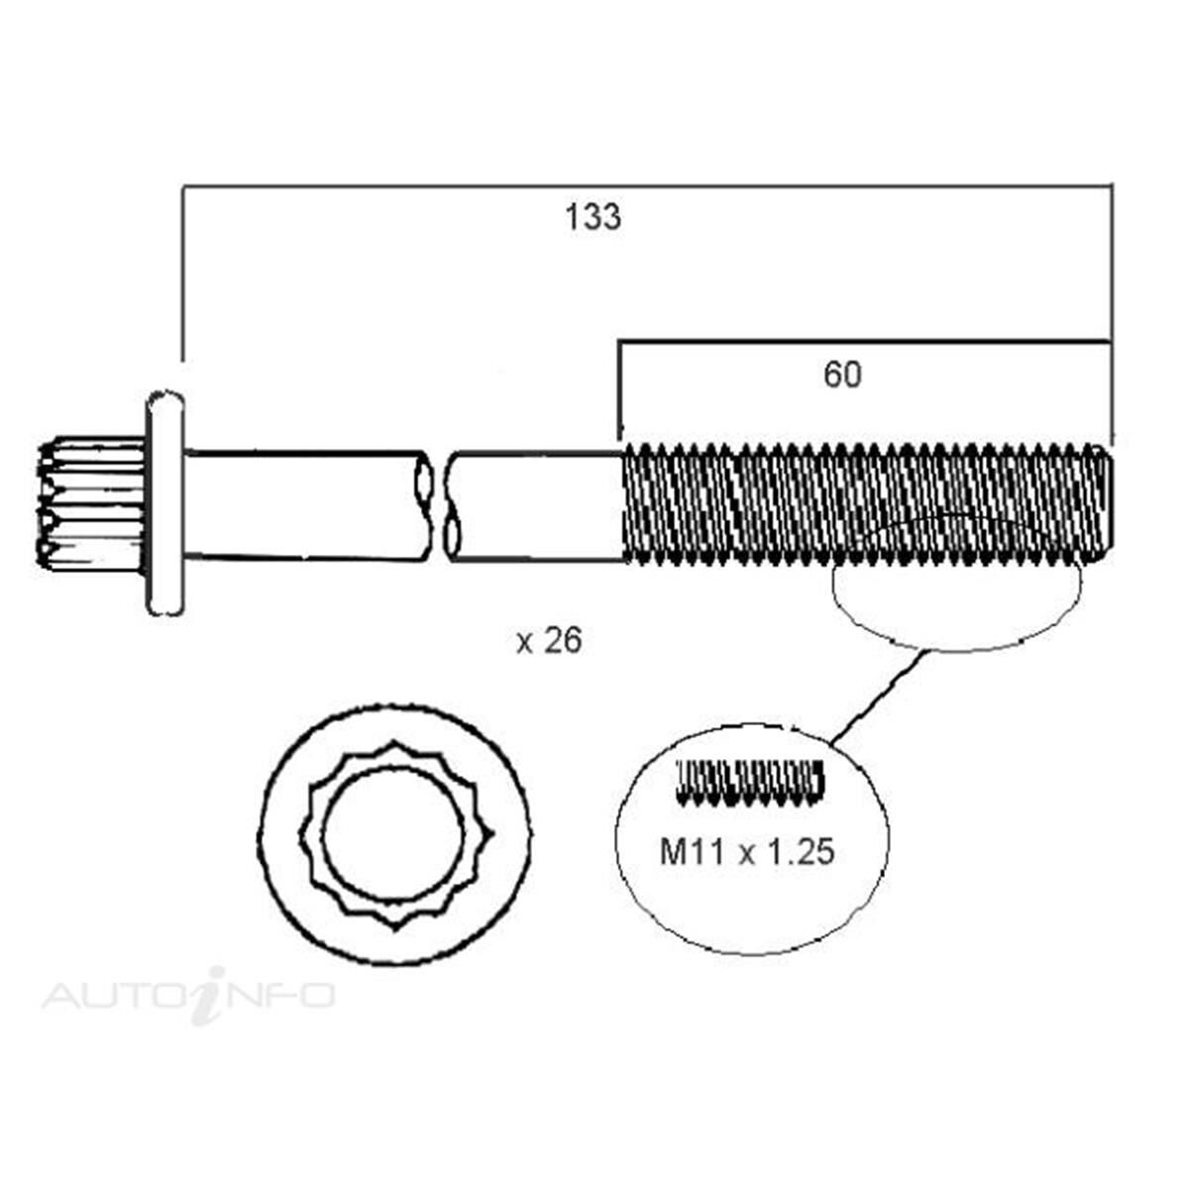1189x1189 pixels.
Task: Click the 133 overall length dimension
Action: click(594, 217)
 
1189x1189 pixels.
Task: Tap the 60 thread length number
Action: click(842, 375)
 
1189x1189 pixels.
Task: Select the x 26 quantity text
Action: click(549, 642)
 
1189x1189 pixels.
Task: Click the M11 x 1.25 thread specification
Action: click(747, 851)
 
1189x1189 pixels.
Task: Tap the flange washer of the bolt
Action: click(165, 502)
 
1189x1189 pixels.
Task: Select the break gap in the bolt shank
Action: click(440, 504)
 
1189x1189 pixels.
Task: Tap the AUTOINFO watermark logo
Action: click(188, 994)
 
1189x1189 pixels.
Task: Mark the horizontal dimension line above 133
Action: click(644, 184)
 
